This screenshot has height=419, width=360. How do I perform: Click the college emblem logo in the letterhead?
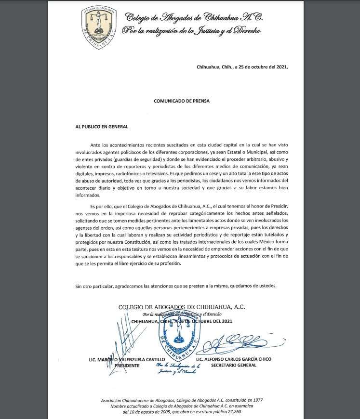click(100, 24)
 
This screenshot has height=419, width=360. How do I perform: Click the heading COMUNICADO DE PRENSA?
click(182, 102)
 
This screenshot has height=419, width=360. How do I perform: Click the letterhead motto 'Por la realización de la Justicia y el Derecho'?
click(192, 31)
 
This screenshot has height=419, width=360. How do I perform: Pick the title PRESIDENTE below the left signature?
click(128, 366)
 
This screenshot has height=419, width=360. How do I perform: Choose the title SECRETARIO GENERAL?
click(234, 366)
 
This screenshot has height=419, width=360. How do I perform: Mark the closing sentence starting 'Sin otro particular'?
click(176, 286)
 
